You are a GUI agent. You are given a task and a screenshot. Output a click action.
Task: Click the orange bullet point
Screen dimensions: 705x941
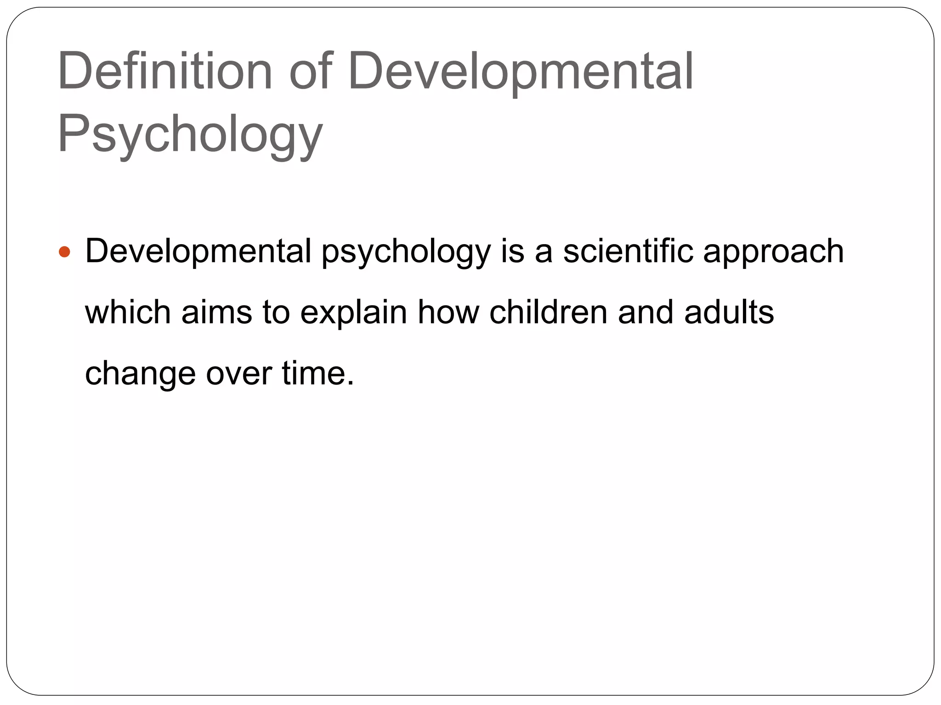pyautogui.click(x=65, y=252)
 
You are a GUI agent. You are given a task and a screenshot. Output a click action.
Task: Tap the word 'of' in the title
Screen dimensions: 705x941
pyautogui.click(x=310, y=72)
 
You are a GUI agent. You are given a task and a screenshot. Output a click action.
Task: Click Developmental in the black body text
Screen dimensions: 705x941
pyautogui.click(x=198, y=252)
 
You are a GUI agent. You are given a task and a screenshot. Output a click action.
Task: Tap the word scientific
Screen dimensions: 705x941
pyautogui.click(x=628, y=252)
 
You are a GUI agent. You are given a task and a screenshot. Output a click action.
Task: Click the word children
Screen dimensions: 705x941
pyautogui.click(x=548, y=313)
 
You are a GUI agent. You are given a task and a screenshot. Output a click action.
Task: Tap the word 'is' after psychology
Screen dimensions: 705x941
pyautogui.click(x=512, y=252)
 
